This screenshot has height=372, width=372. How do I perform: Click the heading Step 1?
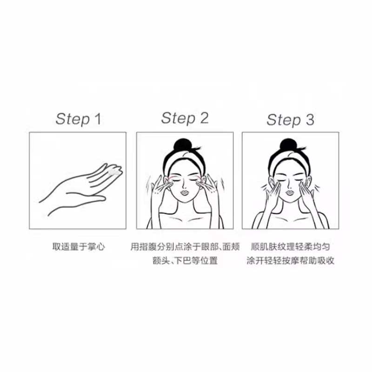78,119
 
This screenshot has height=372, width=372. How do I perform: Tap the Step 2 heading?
185,118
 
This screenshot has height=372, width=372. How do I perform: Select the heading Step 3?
290,120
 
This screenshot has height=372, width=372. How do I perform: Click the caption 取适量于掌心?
79,247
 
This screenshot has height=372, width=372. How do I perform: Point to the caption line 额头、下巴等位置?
185,261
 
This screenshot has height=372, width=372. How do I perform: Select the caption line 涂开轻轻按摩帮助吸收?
290,261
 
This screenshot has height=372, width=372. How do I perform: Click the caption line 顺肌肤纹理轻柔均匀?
290,247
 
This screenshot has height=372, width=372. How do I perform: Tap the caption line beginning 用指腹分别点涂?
185,247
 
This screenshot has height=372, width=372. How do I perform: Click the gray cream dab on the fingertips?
114,172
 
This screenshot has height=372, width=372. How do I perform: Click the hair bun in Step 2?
182,145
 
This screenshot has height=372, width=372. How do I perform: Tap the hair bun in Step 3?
288,145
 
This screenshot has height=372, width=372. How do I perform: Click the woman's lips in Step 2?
185,192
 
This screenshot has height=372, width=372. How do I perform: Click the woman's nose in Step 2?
185,185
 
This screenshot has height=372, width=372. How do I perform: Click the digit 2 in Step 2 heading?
204,118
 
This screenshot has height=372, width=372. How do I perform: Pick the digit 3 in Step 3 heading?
310,120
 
